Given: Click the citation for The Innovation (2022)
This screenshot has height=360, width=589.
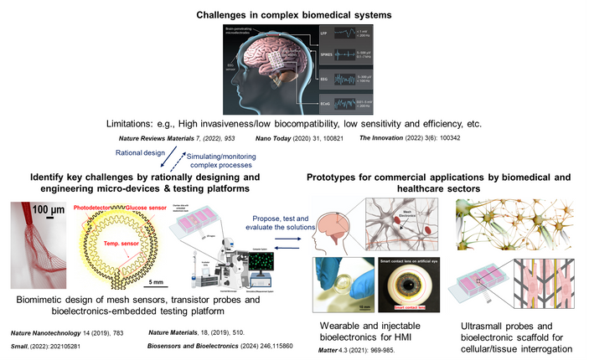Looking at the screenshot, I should pos(404,136).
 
